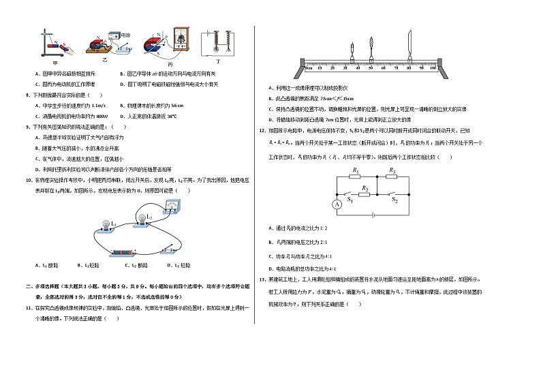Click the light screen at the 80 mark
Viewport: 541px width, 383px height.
point(409,47)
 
